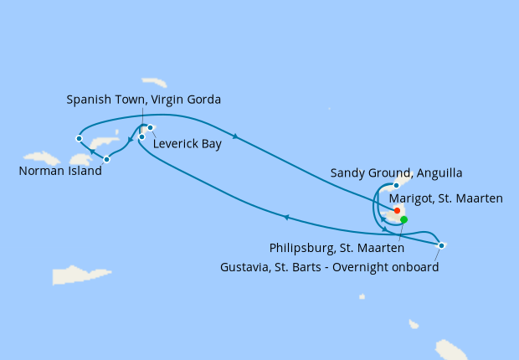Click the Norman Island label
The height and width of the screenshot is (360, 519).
click(x=59, y=172)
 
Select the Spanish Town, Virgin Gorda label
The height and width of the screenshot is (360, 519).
click(x=143, y=100)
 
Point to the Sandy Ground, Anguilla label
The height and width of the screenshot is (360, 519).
click(x=397, y=172)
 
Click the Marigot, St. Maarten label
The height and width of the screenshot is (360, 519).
click(x=446, y=198)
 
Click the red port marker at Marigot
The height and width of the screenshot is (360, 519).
click(x=397, y=211)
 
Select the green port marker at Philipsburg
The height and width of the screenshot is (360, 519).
click(x=404, y=219)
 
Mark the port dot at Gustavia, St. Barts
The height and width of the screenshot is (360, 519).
click(x=441, y=245)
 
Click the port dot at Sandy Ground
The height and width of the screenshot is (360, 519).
click(x=396, y=184)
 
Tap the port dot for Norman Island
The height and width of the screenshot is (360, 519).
click(x=106, y=159)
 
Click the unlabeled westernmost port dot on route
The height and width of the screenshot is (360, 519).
click(x=79, y=138)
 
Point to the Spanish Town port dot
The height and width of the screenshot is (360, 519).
click(x=141, y=136)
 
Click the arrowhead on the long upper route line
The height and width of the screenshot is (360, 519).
click(x=235, y=136)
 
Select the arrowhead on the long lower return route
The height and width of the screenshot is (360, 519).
click(x=286, y=218)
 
